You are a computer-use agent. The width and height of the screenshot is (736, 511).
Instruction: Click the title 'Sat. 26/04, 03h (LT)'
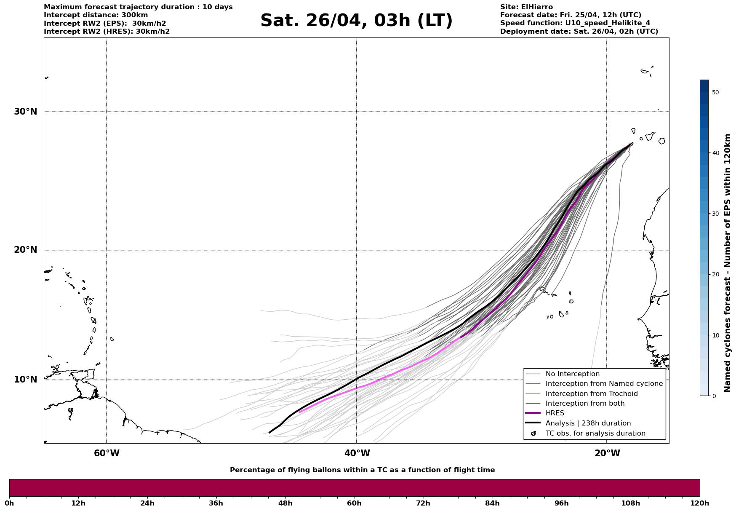pos(356,21)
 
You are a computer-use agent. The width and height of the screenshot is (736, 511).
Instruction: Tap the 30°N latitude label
pos(25,112)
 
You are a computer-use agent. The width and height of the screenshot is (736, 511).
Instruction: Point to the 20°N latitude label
pos(25,250)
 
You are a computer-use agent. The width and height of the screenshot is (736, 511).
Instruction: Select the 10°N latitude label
pos(25,380)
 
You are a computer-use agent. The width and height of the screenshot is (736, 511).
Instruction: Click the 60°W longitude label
pos(107,453)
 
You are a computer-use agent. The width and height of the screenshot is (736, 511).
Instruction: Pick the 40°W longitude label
pos(357,453)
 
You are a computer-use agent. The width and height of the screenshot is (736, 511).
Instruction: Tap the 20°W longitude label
pos(607,453)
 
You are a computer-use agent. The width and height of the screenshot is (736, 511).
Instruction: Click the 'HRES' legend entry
pos(555,413)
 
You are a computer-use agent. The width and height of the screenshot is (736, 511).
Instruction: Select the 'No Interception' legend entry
pos(572,374)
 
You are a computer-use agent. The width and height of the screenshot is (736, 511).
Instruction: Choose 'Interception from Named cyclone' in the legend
pos(604,384)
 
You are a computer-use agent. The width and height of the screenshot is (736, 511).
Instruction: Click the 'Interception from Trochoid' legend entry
pos(591,394)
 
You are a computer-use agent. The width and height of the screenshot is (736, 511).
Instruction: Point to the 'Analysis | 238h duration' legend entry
pos(588,423)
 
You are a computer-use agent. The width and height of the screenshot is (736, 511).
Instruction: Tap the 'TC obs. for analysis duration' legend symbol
pos(533,433)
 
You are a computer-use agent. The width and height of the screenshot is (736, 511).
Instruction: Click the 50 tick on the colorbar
pos(715,92)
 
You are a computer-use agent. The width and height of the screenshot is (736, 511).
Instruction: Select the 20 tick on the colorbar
pos(715,275)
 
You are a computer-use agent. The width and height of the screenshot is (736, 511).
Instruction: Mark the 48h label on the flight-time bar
pos(285,503)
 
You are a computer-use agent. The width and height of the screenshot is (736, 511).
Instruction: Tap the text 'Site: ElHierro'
pos(526,7)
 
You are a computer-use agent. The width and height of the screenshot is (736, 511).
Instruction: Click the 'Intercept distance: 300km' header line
pos(96,15)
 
